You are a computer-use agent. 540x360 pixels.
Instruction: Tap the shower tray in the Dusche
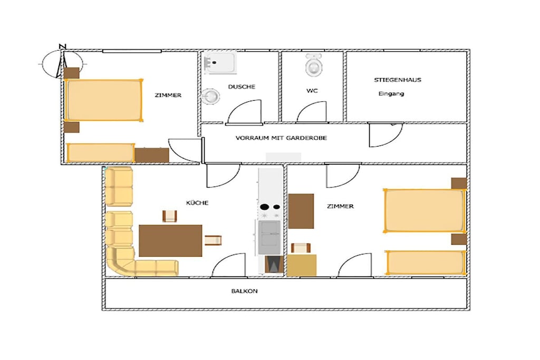coord(220,63)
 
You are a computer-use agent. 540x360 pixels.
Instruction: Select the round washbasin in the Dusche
coord(210,96)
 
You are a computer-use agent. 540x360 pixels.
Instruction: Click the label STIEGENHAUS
coord(398,80)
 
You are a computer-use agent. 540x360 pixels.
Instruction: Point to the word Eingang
coord(391,94)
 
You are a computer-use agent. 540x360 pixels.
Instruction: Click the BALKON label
coord(244,291)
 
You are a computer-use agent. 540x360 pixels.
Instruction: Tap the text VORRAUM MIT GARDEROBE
coord(281,138)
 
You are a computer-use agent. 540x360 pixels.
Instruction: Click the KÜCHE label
coord(197,203)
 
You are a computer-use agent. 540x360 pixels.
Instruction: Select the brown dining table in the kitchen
coord(170,240)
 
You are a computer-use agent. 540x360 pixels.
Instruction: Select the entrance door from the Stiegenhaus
coord(385,134)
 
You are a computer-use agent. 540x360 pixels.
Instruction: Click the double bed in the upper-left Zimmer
coord(103,100)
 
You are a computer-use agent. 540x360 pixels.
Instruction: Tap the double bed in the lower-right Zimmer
coord(425,211)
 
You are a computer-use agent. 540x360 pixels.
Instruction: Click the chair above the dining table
coord(170,216)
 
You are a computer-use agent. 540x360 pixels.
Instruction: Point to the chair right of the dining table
coord(213,240)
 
